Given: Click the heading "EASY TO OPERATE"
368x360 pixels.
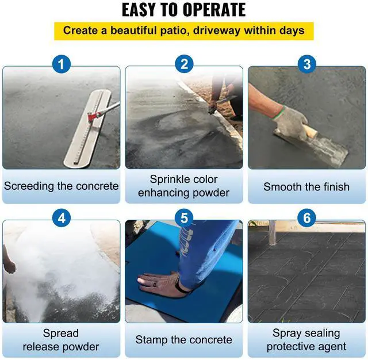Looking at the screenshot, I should (184, 10).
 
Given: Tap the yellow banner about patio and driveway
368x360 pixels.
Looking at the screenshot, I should (184, 30).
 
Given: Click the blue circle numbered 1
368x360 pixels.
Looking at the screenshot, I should (62, 64).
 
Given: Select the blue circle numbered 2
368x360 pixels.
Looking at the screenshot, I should (184, 64).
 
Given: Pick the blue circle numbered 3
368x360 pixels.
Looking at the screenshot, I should (306, 64).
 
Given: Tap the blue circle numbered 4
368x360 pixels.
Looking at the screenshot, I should (62, 218).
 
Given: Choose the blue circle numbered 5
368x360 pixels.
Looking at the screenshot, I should (184, 218).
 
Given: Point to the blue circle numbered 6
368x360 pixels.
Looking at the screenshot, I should (306, 218).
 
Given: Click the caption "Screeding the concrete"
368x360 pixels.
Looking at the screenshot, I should (62, 186).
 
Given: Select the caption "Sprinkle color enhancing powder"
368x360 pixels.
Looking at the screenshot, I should (184, 186).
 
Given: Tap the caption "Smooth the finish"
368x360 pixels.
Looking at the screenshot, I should (306, 187).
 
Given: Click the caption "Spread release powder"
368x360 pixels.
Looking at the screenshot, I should (62, 340).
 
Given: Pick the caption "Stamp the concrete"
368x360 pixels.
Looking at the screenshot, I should (184, 340).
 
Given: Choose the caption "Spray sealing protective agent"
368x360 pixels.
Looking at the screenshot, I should (306, 340).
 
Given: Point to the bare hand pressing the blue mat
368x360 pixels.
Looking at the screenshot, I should (158, 280).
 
